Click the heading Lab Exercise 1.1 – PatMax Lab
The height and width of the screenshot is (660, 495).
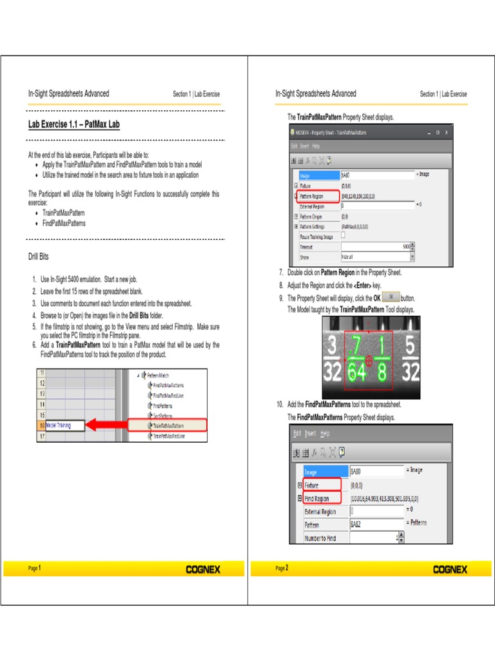click(73, 124)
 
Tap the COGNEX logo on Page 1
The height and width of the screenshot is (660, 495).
click(203, 569)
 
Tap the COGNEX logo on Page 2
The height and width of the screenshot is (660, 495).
click(450, 569)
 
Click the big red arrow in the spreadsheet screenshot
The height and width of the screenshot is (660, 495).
click(106, 425)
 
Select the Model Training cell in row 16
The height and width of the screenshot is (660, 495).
click(64, 425)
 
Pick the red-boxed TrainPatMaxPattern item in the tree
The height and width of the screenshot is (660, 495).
click(168, 425)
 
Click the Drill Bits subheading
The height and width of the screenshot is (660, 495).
click(39, 257)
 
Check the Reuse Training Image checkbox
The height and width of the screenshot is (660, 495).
click(343, 236)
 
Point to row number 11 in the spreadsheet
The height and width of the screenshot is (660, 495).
click(43, 373)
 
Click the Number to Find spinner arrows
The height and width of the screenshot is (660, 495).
click(401, 538)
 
